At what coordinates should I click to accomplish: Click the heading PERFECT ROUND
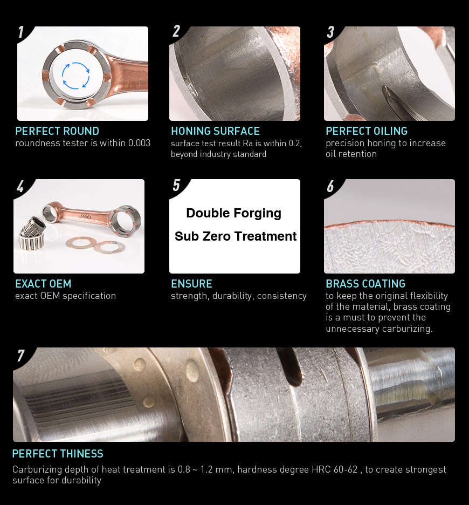pyautogui.click(x=57, y=131)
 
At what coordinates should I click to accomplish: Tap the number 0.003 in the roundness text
pyautogui.click(x=140, y=143)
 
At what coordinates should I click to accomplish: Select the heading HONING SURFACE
pyautogui.click(x=215, y=131)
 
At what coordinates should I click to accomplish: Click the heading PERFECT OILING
pyautogui.click(x=367, y=131)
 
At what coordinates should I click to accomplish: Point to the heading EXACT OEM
pyautogui.click(x=43, y=284)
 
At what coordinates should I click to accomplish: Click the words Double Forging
pyautogui.click(x=234, y=213)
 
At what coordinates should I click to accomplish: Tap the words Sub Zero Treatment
pyautogui.click(x=235, y=236)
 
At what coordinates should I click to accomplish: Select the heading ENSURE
pyautogui.click(x=191, y=284)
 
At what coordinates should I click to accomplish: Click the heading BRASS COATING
pyautogui.click(x=365, y=284)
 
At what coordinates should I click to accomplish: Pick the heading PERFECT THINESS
pyautogui.click(x=58, y=453)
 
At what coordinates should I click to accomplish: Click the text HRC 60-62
pyautogui.click(x=334, y=469)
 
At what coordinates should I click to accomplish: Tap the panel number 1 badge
pyautogui.click(x=21, y=32)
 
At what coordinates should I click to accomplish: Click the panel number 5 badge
pyautogui.click(x=176, y=185)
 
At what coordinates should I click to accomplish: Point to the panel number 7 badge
pyautogui.click(x=20, y=356)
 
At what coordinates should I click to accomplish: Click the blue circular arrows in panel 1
pyautogui.click(x=75, y=76)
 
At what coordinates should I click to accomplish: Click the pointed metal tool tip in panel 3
pyautogui.click(x=385, y=88)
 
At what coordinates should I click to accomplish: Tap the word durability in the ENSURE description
pyautogui.click(x=232, y=296)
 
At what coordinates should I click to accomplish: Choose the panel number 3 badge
pyautogui.click(x=330, y=32)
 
